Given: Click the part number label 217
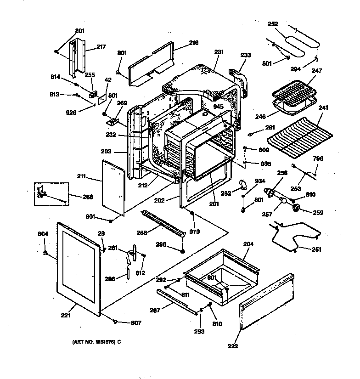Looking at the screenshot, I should click(101, 46).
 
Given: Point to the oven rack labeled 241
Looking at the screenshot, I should click(299, 136).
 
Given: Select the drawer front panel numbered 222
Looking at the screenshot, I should click(266, 304).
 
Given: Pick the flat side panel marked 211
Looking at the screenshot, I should click(112, 188).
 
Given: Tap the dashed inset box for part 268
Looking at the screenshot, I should click(51, 193).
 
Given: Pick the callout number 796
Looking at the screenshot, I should click(318, 158).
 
